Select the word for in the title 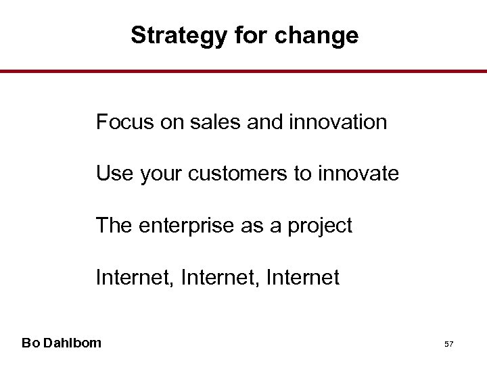coord(252,35)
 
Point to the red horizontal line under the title coord(243,71)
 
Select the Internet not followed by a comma coord(303,277)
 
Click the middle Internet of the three coord(218,277)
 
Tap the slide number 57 coord(448,344)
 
